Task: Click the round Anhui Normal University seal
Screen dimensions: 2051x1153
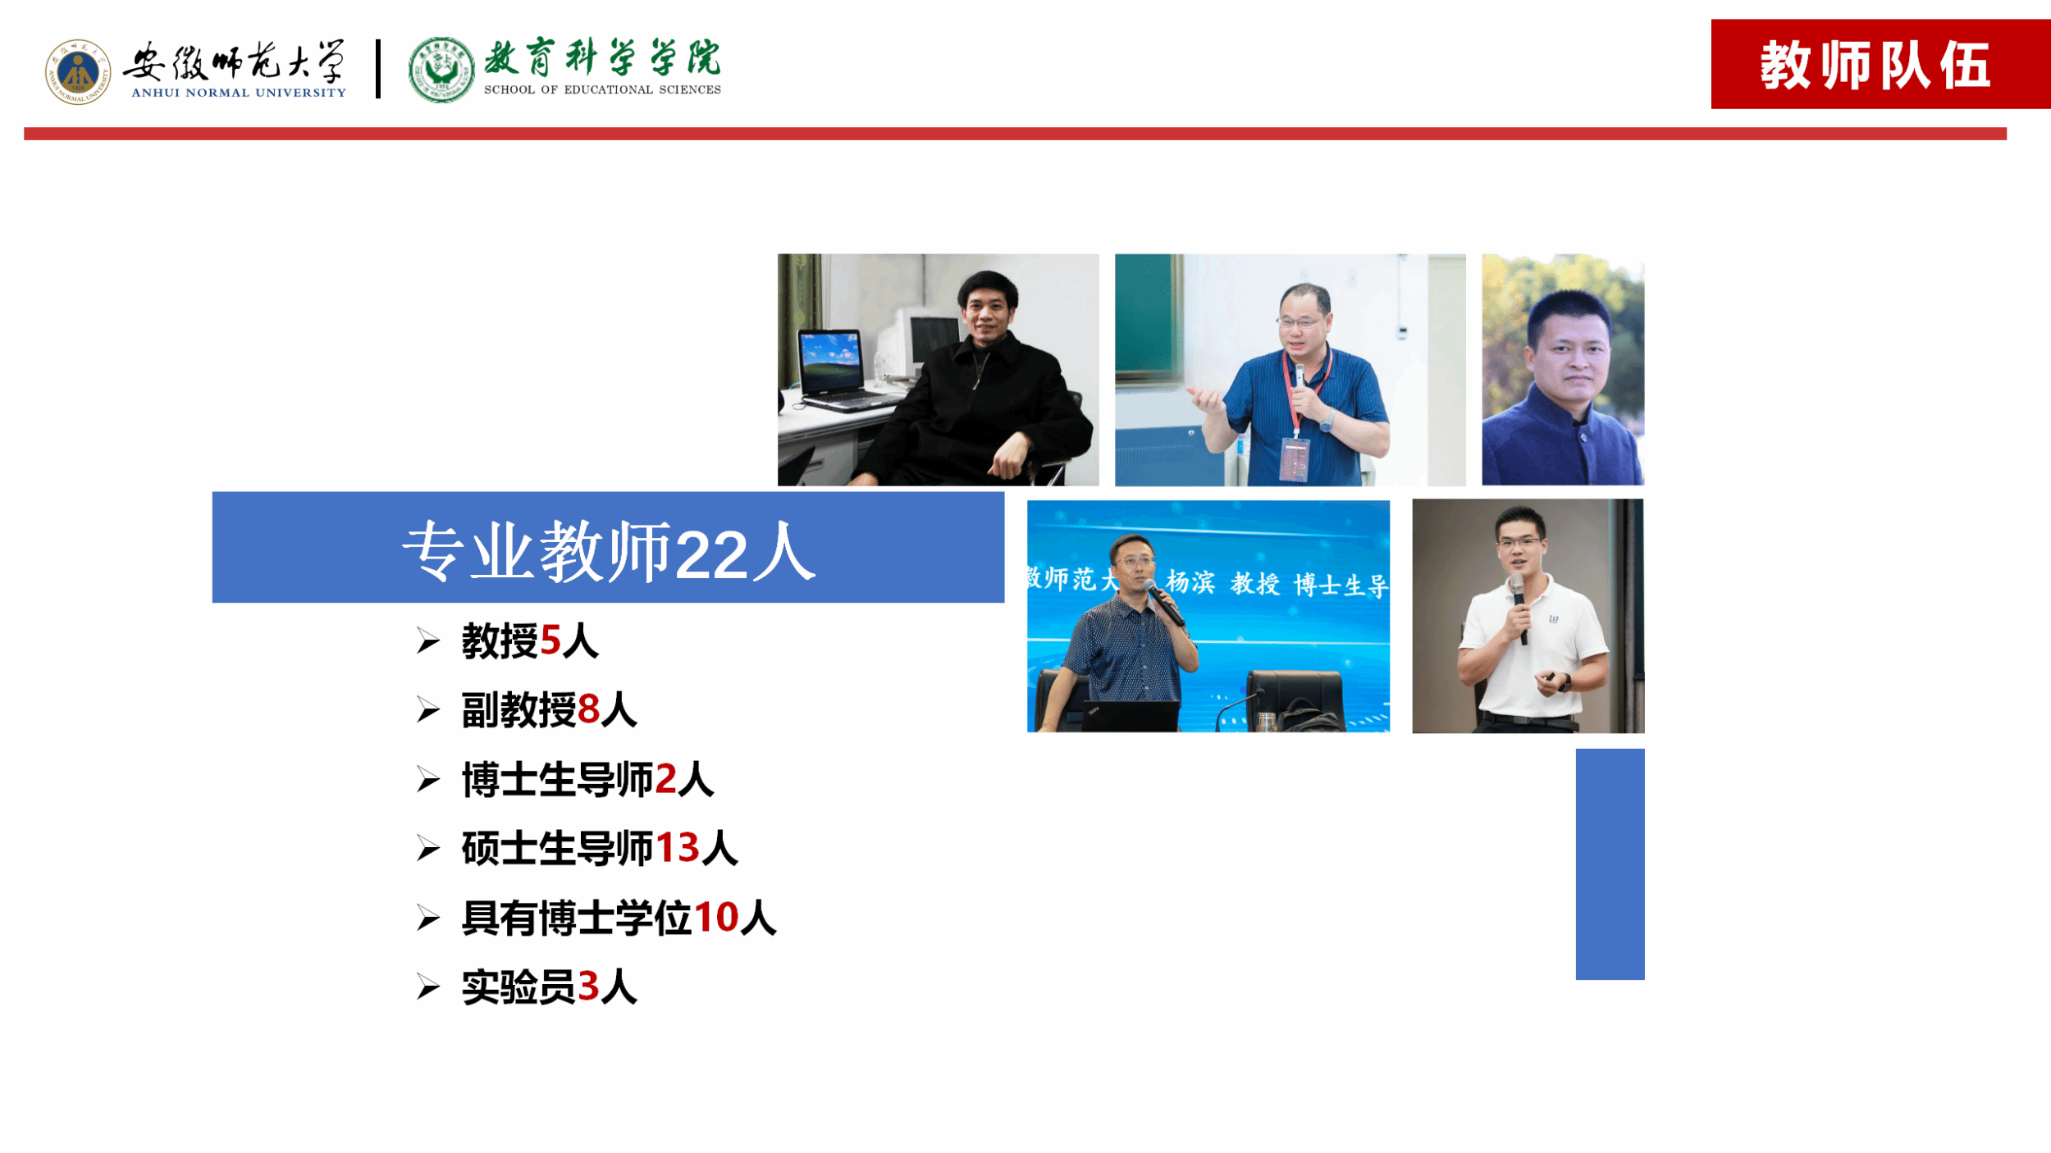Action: pos(78,72)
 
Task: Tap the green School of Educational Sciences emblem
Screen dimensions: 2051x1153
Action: pos(441,70)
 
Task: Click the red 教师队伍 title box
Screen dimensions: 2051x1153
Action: pos(1880,64)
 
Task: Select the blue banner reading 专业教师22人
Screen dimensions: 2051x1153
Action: pos(608,548)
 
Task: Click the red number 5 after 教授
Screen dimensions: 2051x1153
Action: pos(550,641)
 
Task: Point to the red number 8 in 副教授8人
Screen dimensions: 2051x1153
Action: pos(588,710)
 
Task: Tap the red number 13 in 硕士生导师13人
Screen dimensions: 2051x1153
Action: pos(678,848)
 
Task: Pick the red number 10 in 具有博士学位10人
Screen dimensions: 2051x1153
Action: pos(717,917)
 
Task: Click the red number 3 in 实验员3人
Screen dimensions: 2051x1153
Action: pos(588,986)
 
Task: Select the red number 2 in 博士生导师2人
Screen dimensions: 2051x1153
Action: pos(666,779)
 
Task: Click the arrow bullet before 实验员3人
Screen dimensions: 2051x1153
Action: pos(428,987)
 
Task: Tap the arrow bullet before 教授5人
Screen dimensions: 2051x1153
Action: pos(428,640)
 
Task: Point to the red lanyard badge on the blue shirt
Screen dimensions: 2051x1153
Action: pos(1295,459)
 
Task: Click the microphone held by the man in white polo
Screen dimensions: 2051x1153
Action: pos(1519,607)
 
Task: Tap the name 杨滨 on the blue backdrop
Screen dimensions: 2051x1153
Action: pos(1190,581)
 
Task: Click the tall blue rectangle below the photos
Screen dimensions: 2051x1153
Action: pos(1610,864)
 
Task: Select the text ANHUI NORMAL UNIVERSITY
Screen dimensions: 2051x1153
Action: pos(239,93)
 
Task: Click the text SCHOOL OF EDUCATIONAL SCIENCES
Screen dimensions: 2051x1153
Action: pos(602,89)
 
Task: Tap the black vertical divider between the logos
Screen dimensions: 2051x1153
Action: pos(378,69)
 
